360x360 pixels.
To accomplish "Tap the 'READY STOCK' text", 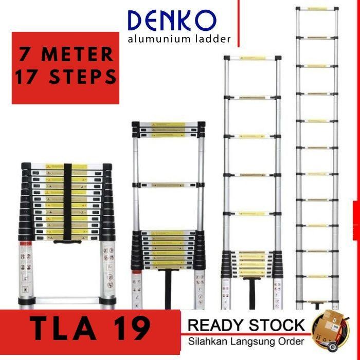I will coord(246,325).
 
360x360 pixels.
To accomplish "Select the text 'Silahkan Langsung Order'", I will coord(245,340).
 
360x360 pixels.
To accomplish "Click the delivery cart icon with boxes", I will coord(332,328).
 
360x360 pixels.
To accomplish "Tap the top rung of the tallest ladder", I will coord(317,9).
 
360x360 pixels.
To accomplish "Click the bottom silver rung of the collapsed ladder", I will coord(67,301).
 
